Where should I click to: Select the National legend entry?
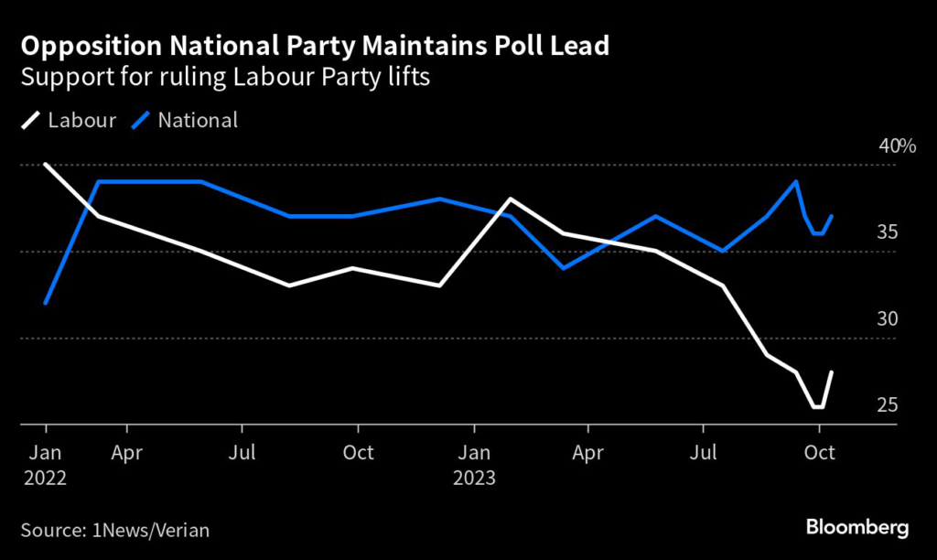coord(186,120)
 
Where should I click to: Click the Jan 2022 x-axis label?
coord(46,465)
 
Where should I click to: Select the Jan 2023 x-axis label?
coord(474,465)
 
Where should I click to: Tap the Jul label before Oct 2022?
coord(242,453)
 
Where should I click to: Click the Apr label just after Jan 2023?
coord(587,453)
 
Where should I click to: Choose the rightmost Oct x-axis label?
coord(818,453)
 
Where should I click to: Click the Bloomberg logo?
coord(856,527)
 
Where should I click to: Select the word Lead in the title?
coord(582,45)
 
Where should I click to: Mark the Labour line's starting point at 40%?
coord(46,165)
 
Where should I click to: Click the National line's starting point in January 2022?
coord(46,303)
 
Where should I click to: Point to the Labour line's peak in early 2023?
coord(510,199)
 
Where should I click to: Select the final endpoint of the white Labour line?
coord(832,372)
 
